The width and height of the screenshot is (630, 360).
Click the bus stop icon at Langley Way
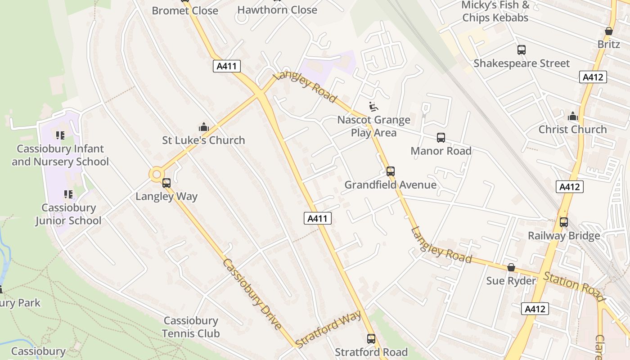coord(166,183)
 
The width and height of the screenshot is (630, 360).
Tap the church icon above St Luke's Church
coord(203,127)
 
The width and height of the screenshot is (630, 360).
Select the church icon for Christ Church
coord(572,117)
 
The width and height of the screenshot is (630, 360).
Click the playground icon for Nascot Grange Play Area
coord(373,107)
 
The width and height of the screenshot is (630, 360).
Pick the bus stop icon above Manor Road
coord(441,138)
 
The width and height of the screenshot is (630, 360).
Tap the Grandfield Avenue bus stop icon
coord(390,171)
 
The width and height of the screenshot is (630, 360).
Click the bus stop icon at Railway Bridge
coord(563,222)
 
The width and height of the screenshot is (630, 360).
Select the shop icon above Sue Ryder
coord(511,268)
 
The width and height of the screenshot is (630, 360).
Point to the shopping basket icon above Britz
coord(608,31)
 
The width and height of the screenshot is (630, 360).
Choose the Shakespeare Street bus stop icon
coord(521,50)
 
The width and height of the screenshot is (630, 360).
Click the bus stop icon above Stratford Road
coord(371,339)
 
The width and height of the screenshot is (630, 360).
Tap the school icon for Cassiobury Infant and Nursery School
coord(60,135)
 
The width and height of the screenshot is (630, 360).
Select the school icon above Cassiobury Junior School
coord(68,194)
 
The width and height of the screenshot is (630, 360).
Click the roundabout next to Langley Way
coord(157,174)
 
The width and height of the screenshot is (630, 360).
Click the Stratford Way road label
coord(328,329)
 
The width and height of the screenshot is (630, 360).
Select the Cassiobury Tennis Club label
coord(191,327)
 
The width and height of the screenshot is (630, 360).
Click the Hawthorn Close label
coord(277,10)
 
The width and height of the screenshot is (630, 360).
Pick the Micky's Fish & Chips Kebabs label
coord(495,12)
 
